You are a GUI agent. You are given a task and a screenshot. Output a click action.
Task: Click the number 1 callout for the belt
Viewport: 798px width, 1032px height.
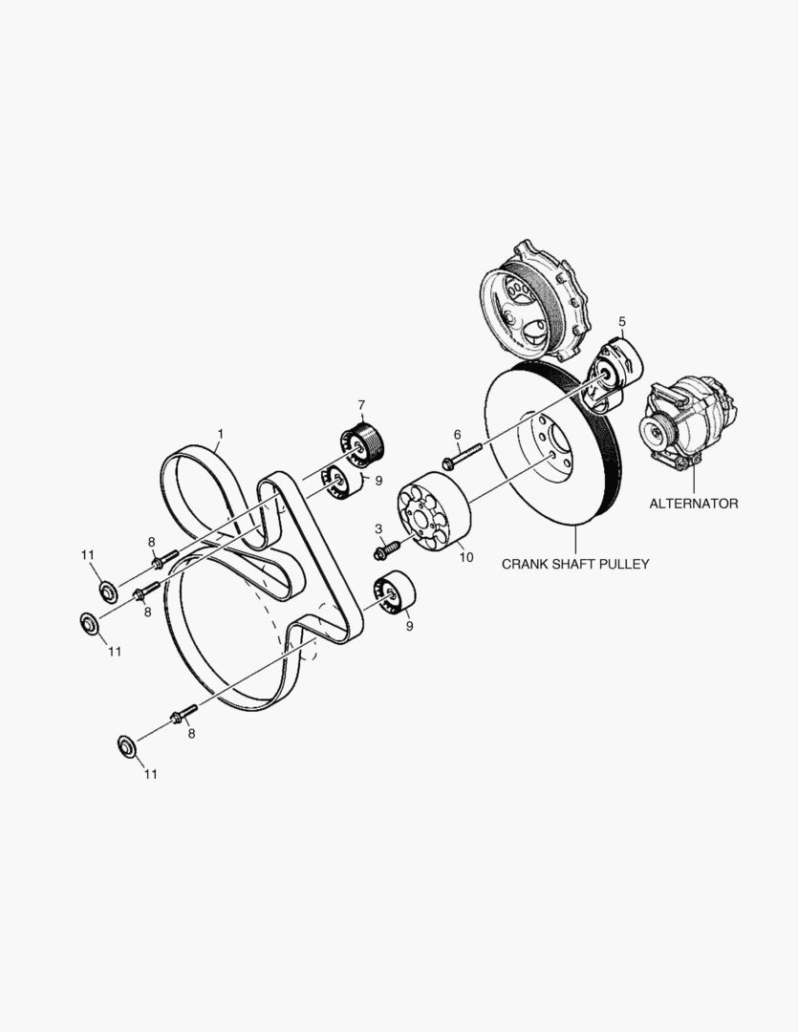221,435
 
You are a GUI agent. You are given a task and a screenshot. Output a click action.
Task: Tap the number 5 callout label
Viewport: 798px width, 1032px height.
622,322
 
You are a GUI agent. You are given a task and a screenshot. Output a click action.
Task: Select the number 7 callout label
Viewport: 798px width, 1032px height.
361,404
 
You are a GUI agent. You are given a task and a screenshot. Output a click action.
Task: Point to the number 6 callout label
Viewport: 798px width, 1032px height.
457,435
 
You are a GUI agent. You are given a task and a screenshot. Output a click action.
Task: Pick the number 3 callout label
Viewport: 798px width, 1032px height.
378,528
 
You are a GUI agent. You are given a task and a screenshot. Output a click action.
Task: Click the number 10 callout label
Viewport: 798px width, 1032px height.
466,557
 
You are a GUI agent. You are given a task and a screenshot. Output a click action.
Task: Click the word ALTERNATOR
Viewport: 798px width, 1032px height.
693,504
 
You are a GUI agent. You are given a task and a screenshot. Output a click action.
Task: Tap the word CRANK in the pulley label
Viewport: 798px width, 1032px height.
525,564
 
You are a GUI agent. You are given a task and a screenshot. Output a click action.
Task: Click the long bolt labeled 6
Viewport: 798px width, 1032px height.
463,456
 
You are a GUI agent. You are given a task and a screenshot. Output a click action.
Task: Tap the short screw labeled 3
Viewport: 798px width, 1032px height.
387,549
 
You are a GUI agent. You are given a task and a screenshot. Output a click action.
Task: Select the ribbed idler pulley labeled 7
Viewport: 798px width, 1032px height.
364,443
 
